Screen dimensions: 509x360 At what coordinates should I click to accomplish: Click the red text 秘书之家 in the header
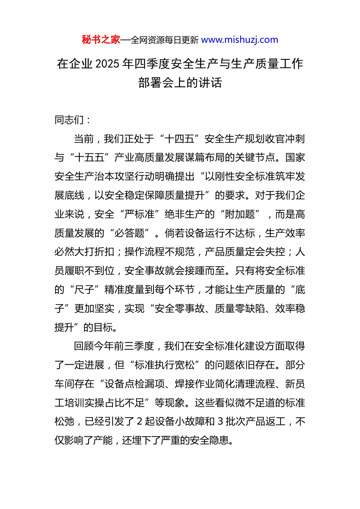[101, 40]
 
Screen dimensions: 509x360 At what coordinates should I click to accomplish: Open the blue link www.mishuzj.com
[239, 40]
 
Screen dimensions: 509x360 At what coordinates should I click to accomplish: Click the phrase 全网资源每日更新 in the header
[164, 40]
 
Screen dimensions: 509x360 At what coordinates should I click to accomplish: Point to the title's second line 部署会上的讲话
[180, 83]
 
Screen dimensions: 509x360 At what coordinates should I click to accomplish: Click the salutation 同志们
[69, 120]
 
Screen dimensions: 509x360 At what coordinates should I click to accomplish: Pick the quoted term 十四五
[180, 139]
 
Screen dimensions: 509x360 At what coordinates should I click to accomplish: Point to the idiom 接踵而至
[205, 271]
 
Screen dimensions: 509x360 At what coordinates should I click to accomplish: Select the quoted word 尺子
[85, 290]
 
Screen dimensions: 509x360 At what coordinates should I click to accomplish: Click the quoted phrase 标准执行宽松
[165, 365]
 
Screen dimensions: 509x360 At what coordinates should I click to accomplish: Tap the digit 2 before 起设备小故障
[139, 422]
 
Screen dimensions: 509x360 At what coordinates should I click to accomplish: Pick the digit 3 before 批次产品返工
[220, 422]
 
